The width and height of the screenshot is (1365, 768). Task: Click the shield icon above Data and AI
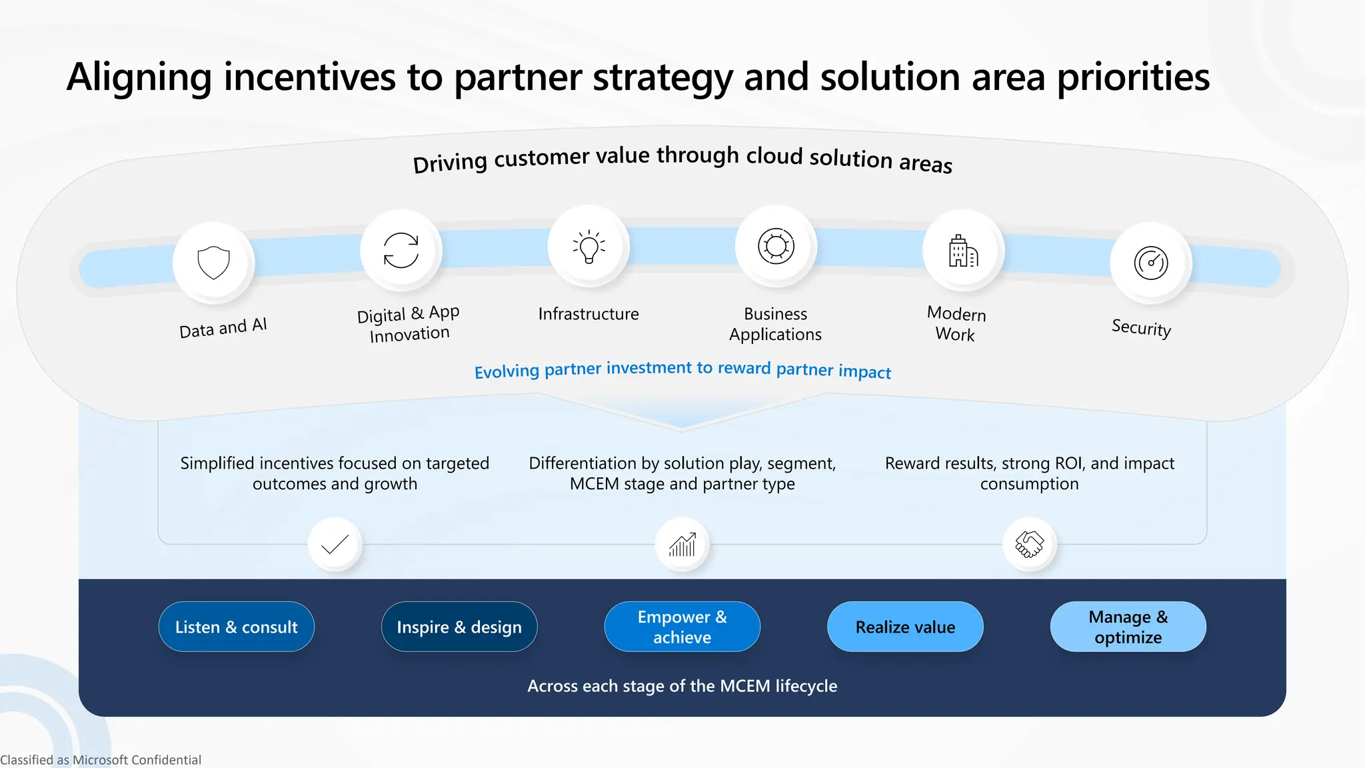[x=213, y=263]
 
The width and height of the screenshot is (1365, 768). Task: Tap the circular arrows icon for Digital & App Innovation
[x=401, y=250]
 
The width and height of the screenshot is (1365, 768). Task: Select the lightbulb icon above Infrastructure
[x=589, y=247]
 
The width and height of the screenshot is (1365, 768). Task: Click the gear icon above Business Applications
[x=776, y=246]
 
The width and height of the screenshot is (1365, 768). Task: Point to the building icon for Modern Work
[x=963, y=251]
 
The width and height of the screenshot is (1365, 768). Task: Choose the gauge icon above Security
[x=1151, y=263]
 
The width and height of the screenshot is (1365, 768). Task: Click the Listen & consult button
[x=236, y=627]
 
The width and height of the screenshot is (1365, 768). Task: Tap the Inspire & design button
[x=459, y=627]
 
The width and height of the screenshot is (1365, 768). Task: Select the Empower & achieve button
[x=682, y=627]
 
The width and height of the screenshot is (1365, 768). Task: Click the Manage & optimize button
[x=1128, y=627]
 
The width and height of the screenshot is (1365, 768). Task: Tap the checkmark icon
[x=335, y=545]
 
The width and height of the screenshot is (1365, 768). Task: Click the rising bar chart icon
[x=682, y=545]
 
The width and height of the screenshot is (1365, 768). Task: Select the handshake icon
[x=1029, y=544]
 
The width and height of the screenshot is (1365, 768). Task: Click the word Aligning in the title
[x=139, y=77]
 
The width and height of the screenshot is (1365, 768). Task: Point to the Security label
[x=1141, y=327]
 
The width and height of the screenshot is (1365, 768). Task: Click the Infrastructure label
[x=589, y=314]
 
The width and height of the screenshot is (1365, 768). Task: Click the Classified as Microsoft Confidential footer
[x=101, y=760]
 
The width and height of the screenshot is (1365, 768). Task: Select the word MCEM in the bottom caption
[x=745, y=686]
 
